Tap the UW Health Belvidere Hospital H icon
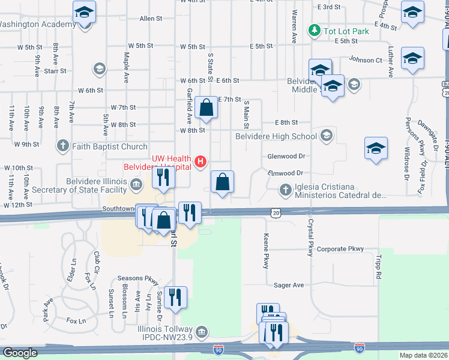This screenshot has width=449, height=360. pos(201,161)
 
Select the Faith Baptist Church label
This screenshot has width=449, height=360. pos(109,146)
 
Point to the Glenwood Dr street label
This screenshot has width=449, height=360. pos(287,155)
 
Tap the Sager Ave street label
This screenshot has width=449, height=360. pos(289,285)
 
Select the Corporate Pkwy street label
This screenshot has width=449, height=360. pos(340,248)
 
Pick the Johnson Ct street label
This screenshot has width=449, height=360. pos(366,60)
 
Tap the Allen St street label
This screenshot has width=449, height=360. pos(151,19)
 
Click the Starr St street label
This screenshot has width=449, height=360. pos(55,71)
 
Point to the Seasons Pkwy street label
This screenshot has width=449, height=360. pos(138,278)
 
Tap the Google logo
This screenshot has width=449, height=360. pos(20,353)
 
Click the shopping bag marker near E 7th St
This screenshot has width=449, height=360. pos(206,109)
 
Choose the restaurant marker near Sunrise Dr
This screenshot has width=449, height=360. pos(175,297)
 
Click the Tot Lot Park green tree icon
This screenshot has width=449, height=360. pos(313,29)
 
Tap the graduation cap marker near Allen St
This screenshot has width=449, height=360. pos(85,12)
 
